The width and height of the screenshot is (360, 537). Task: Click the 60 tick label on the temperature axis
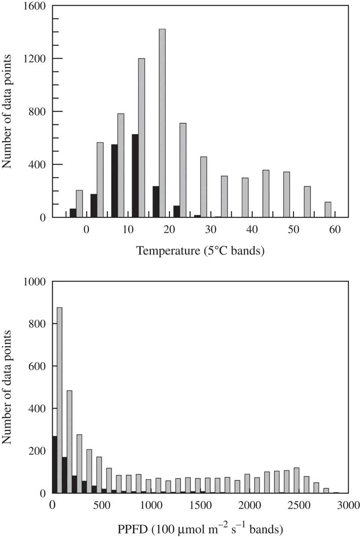(335, 230)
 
